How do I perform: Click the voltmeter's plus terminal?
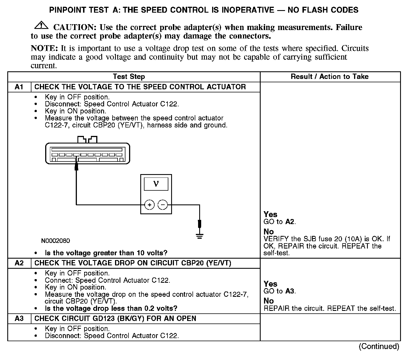150,205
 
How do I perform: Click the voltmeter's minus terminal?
163,205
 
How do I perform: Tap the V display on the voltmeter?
156,184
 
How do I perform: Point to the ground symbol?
199,236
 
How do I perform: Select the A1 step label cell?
19,87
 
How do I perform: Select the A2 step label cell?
19,263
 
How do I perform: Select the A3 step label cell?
19,319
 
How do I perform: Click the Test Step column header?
129,77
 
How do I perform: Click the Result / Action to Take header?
330,77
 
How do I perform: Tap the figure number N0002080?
56,241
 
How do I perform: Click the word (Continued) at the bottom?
379,347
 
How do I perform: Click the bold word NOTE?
44,48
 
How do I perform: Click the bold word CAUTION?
75,28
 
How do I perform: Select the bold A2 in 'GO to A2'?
290,222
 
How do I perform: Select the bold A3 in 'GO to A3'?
290,291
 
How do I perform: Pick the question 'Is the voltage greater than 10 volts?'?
106,253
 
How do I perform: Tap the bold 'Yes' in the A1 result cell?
270,215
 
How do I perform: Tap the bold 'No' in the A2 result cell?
269,301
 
